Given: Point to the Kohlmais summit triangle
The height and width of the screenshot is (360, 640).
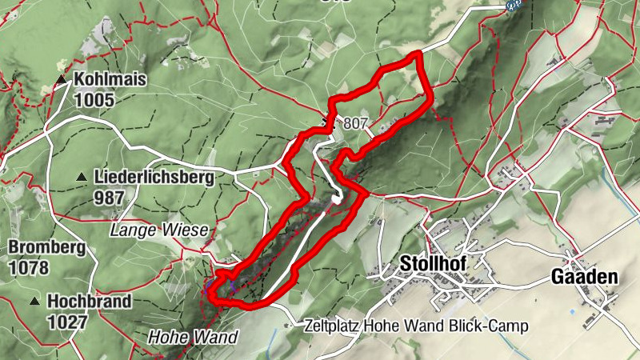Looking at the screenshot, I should point(61,80).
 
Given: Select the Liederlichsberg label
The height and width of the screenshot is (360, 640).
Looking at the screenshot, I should point(154,177).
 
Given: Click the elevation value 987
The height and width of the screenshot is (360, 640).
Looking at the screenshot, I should point(109,197).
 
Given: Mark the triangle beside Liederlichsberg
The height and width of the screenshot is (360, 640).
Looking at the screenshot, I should point(82,177).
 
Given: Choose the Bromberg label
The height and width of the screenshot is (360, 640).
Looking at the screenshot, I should point(47,247).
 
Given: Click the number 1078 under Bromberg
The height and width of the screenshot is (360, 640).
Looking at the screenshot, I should point(29,267).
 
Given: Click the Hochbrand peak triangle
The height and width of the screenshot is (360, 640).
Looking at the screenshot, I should point(35,301).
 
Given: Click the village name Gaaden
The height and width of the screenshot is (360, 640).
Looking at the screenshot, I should point(585,277).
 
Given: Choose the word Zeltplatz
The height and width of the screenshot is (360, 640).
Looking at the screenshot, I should point(333,326).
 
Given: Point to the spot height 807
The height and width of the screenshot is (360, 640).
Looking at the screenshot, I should point(356,124).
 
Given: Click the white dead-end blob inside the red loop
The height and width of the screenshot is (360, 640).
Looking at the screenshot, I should point(338,199).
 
